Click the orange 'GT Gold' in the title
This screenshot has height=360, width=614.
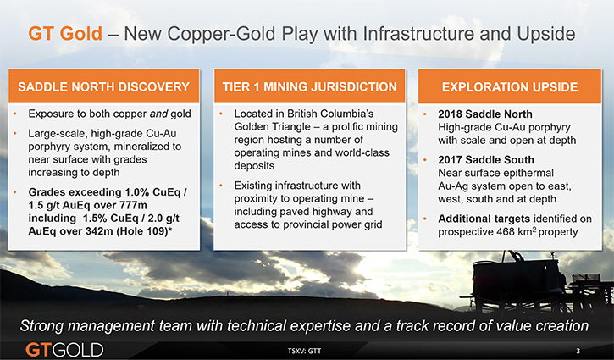click(65, 34)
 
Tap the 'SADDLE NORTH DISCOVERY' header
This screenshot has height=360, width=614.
click(104, 87)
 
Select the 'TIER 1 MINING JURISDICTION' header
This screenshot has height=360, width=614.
click(309, 87)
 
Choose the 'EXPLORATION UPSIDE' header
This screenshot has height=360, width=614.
click(510, 87)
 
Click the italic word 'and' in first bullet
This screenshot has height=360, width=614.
click(158, 114)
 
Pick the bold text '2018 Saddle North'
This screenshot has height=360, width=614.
click(485, 114)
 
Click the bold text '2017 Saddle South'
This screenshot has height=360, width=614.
click(486, 160)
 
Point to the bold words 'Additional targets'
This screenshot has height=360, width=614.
click(484, 219)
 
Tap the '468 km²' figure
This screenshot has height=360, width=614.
click(517, 231)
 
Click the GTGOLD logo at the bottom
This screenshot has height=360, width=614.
click(64, 350)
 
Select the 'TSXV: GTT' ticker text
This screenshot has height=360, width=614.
click(304, 351)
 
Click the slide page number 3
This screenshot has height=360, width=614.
click(578, 351)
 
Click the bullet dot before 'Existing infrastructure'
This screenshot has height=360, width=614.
click(221, 186)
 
